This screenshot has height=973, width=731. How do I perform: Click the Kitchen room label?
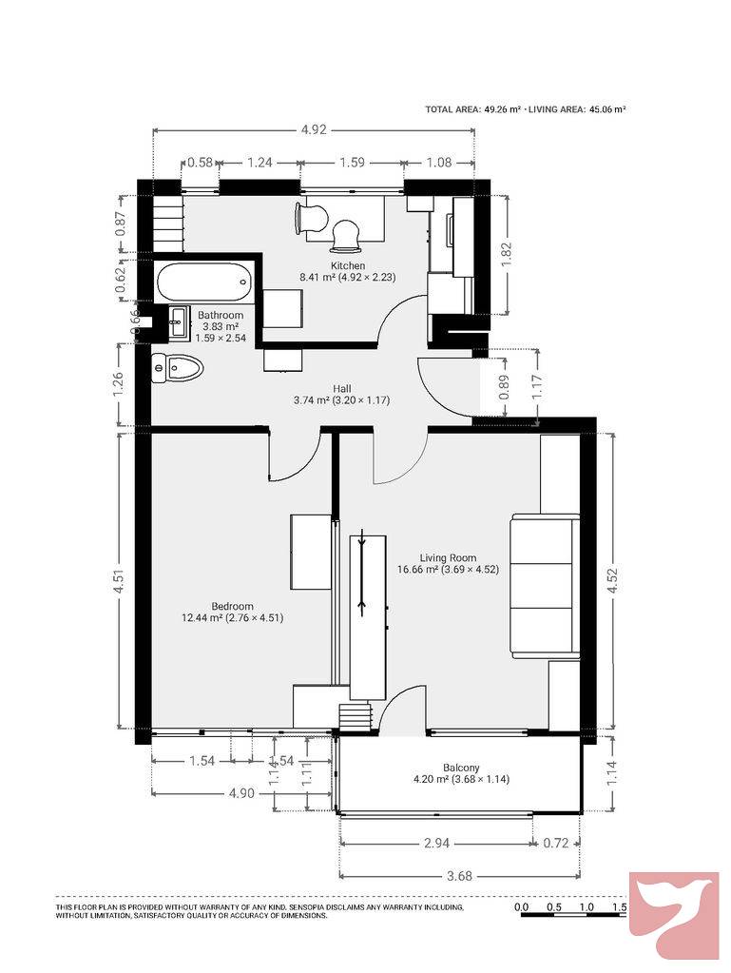pyautogui.click(x=347, y=265)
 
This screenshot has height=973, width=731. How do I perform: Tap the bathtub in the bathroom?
pyautogui.click(x=204, y=282)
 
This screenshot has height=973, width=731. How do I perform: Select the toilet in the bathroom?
pyautogui.click(x=178, y=369)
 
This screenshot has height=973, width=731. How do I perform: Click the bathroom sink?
pyautogui.click(x=178, y=322)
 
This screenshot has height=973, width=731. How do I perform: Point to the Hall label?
pyautogui.click(x=341, y=389)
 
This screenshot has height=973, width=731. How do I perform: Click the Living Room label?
pyautogui.click(x=448, y=558)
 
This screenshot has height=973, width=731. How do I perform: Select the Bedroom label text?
pyautogui.click(x=233, y=606)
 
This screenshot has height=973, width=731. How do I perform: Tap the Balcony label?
pyautogui.click(x=461, y=768)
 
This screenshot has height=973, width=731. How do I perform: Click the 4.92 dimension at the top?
pyautogui.click(x=313, y=129)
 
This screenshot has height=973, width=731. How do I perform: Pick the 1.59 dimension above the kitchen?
pyautogui.click(x=352, y=163)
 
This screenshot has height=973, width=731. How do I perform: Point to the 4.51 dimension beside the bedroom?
pyautogui.click(x=120, y=581)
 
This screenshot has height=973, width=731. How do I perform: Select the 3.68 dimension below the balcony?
pyautogui.click(x=459, y=876)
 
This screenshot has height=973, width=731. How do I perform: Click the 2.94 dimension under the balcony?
pyautogui.click(x=436, y=844)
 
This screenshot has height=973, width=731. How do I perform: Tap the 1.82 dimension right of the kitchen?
pyautogui.click(x=507, y=254)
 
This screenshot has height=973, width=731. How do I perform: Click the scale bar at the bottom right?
pyautogui.click(x=570, y=911)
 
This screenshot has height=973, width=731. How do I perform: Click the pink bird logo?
pyautogui.click(x=674, y=916)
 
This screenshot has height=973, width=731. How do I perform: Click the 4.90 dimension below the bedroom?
pyautogui.click(x=241, y=793)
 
